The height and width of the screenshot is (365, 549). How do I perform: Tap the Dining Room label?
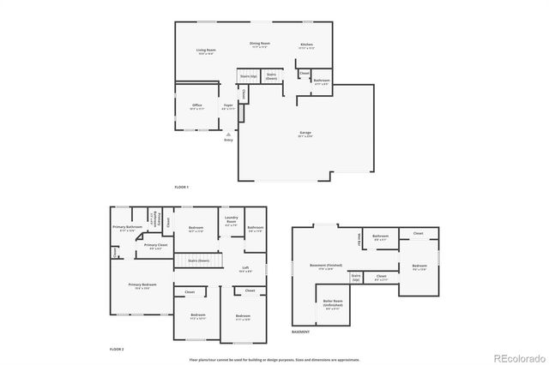[260, 44]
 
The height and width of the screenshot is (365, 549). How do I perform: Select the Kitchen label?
[306, 45]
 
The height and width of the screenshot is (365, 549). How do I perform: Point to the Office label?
[197, 106]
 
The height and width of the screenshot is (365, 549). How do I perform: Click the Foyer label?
[229, 106]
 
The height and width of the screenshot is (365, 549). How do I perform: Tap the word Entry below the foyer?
[228, 140]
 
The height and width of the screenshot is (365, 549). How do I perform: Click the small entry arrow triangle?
[228, 134]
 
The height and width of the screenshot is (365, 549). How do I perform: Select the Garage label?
[305, 133]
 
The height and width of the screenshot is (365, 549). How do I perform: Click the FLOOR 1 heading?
[181, 187]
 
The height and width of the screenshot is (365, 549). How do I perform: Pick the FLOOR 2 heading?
[117, 350]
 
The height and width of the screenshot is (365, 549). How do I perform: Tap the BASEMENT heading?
[300, 332]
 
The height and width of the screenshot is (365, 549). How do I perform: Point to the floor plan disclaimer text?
[274, 360]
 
